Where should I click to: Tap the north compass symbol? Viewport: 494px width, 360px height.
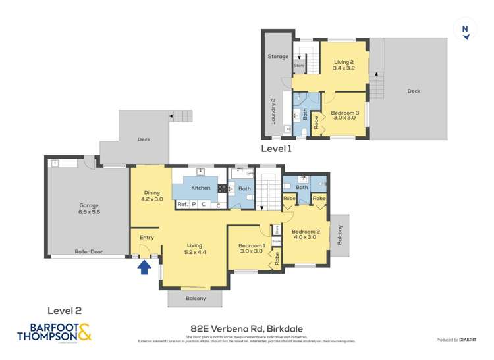pos(466,30)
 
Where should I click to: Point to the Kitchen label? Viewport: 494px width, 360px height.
pos(201,188)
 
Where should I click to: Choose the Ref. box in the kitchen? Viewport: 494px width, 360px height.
pos(183,205)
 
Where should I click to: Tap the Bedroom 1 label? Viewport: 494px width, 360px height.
pos(252,248)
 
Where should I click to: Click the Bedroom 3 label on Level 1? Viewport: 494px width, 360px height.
pos(345,115)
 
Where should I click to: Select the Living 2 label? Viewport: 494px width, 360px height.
pos(344,64)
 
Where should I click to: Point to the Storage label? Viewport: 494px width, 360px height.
pos(277,57)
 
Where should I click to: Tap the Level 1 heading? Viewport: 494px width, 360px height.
pos(276,148)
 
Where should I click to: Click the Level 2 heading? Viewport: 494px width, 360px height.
pos(65,309)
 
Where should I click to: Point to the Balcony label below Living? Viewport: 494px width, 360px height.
pos(196,298)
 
